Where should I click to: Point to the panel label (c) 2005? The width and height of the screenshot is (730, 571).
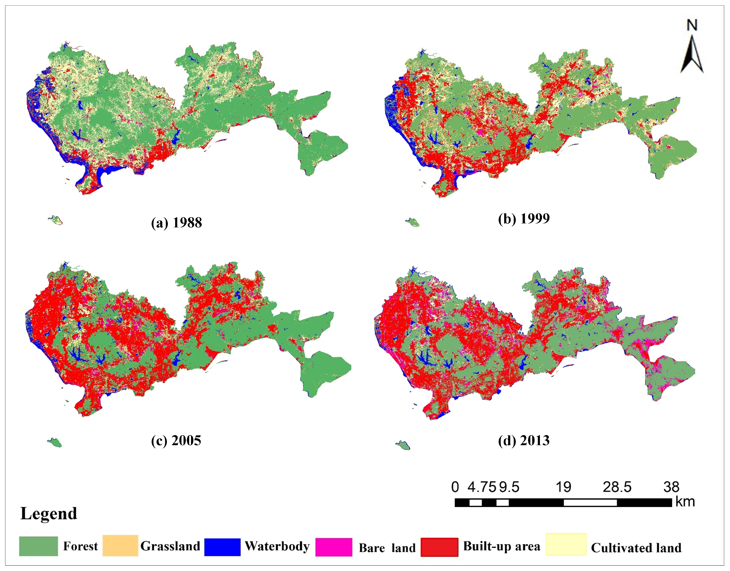coord(176,440)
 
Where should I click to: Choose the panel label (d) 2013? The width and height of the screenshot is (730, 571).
coord(524,441)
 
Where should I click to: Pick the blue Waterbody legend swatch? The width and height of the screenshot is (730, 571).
coord(222,547)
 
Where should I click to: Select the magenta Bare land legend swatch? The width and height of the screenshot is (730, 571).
coord(333,547)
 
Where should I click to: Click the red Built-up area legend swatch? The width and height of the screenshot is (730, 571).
coord(439,547)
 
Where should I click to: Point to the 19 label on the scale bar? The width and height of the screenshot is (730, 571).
coord(563,487)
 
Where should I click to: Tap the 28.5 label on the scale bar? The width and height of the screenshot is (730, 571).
coord(617,487)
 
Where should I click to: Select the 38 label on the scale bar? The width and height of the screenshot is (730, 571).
coord(671,487)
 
